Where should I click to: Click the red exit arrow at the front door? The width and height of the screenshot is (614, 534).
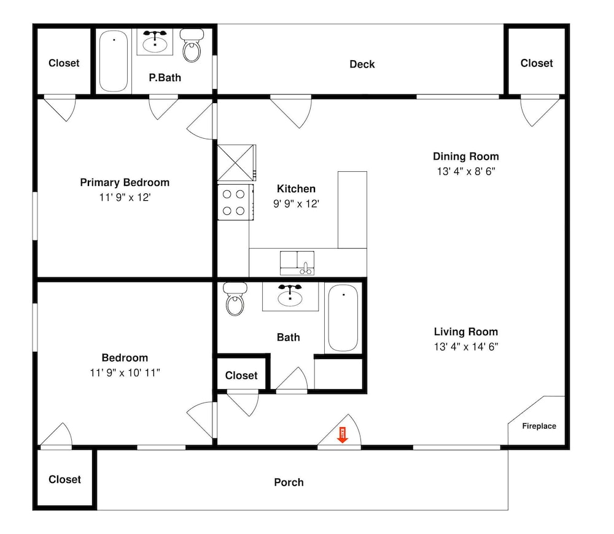click(x=343, y=435)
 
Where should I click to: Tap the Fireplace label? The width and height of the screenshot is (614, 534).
click(x=539, y=426)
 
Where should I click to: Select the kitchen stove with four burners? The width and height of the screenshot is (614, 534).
click(x=236, y=202)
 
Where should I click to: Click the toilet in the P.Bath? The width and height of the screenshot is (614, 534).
click(x=192, y=45)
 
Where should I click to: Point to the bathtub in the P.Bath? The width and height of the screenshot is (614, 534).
click(x=114, y=61)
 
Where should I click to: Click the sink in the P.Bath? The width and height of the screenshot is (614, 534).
click(x=155, y=42)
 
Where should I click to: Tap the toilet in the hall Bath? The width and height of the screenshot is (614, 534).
click(x=235, y=299)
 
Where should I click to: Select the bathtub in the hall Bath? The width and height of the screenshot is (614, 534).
click(x=343, y=318)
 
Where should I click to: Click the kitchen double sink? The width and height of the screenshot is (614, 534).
click(x=297, y=263)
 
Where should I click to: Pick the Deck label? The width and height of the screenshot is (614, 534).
click(x=362, y=64)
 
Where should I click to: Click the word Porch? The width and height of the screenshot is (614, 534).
click(x=289, y=482)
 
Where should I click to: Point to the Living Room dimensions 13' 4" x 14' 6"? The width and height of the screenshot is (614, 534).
click(x=466, y=347)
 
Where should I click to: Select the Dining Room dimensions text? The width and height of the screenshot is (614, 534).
click(x=466, y=171)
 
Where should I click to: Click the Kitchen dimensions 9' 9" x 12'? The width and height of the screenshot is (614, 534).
click(x=296, y=204)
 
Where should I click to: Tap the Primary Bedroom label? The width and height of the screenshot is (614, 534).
click(x=125, y=183)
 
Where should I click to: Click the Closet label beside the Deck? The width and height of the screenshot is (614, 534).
click(x=537, y=63)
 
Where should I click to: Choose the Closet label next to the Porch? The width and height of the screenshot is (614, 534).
click(x=64, y=479)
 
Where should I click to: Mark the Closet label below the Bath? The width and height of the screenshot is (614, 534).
click(x=241, y=376)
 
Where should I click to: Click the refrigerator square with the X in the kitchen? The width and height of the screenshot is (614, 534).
click(x=235, y=163)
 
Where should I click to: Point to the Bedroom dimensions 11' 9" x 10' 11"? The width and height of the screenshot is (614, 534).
click(x=125, y=373)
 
